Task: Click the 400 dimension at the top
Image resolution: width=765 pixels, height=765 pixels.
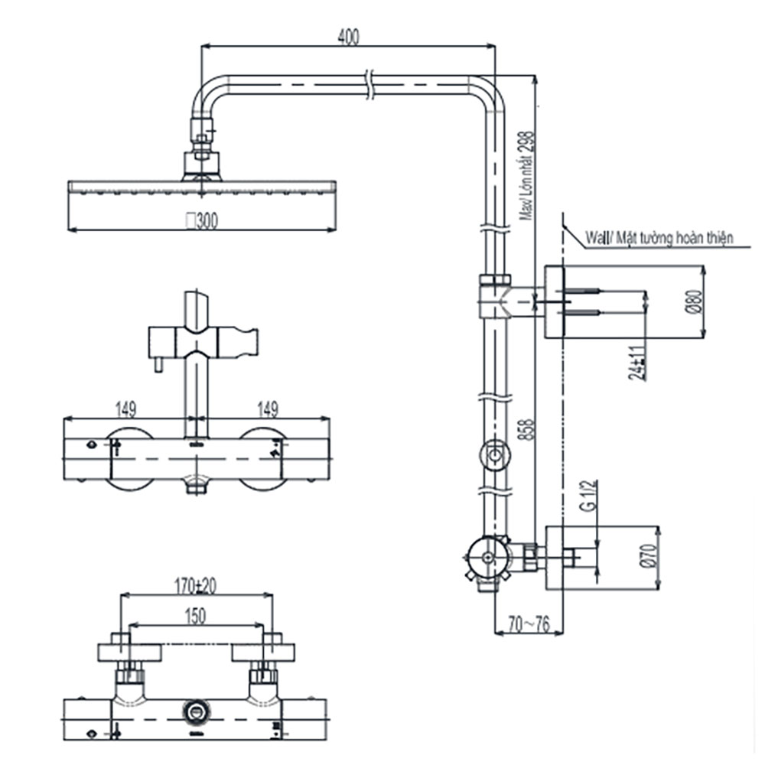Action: point(348,36)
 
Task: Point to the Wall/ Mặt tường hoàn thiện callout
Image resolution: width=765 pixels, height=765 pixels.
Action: point(659,238)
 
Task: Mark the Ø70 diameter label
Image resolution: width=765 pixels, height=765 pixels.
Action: point(649,556)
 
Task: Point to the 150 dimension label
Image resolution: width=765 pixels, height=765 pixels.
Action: point(196,616)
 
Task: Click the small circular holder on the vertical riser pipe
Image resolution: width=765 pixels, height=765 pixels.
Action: point(494,457)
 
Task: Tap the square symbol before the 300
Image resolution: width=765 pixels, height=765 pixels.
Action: point(190,221)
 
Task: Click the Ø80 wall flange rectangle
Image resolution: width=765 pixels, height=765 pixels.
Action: point(554,301)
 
